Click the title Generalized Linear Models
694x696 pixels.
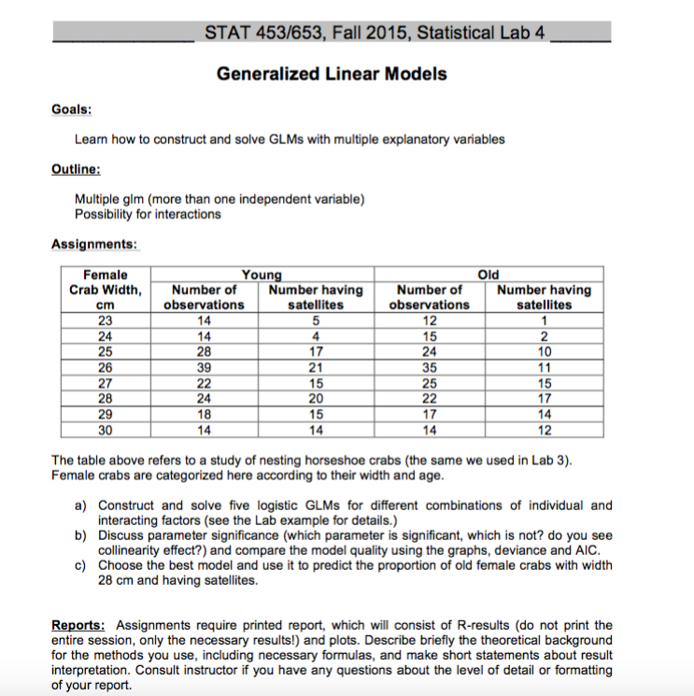[332, 74]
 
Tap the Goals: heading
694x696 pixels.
[71, 109]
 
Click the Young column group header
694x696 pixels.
[262, 275]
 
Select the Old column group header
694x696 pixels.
[489, 275]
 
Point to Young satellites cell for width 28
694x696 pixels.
[317, 399]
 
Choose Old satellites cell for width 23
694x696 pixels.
[545, 320]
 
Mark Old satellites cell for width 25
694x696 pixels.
[545, 351]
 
